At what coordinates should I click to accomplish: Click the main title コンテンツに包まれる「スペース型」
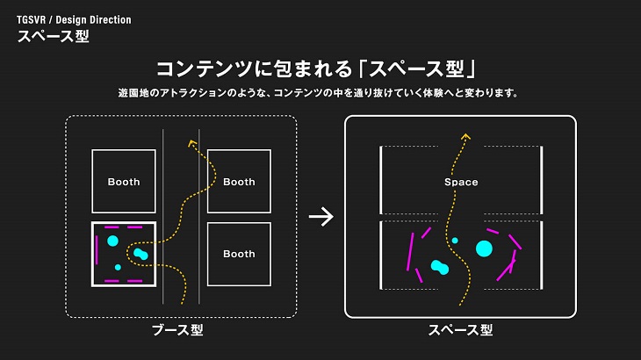click(x=320, y=69)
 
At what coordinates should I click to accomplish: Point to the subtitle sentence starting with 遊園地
click(x=320, y=93)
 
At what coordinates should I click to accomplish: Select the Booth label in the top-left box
click(x=124, y=182)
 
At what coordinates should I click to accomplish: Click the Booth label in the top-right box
click(x=239, y=182)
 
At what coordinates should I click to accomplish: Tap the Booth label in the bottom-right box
click(x=239, y=254)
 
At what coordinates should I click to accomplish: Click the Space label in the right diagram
click(x=461, y=182)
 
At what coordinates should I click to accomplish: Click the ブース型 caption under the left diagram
click(x=184, y=330)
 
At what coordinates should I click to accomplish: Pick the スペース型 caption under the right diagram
click(x=460, y=330)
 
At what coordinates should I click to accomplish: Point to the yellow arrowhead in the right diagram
click(x=465, y=136)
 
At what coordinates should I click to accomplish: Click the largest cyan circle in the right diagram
click(x=484, y=248)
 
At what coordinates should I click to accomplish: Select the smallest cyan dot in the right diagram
click(x=455, y=240)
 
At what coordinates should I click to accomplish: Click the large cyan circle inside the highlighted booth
click(x=112, y=240)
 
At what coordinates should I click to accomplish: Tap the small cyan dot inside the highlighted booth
click(x=118, y=267)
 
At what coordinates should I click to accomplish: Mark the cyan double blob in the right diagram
click(x=440, y=267)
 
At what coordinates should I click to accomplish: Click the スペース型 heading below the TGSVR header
click(x=53, y=37)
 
